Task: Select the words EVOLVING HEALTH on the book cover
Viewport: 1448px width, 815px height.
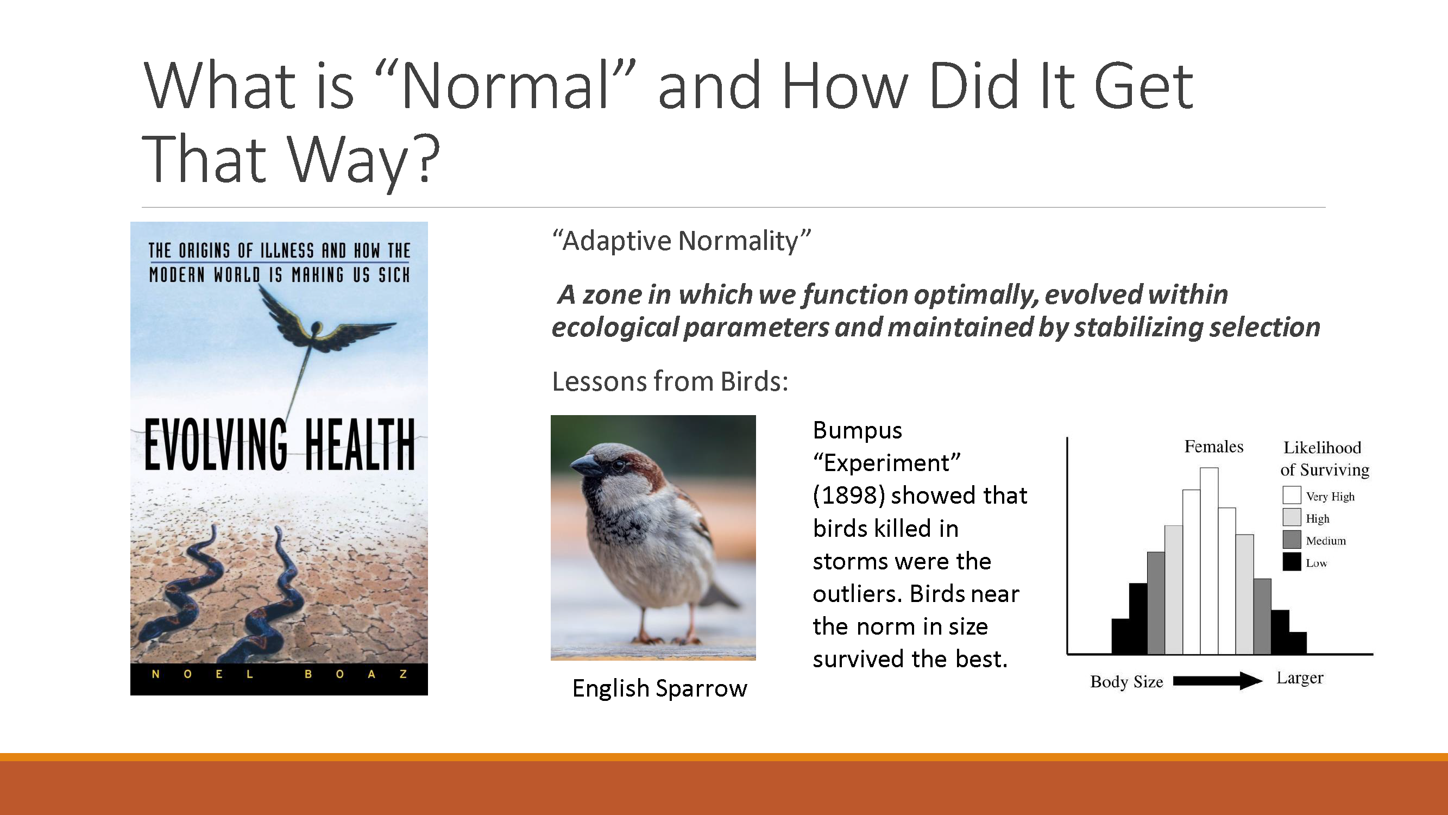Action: coord(279,444)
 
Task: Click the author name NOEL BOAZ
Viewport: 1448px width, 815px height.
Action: coord(279,674)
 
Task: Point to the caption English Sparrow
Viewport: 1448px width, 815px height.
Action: coord(659,688)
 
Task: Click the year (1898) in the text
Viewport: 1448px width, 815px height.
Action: coord(849,496)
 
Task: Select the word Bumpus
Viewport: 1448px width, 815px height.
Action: coord(857,430)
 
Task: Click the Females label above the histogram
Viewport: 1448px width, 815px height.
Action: coord(1213,447)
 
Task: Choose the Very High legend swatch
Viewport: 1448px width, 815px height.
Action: coord(1292,495)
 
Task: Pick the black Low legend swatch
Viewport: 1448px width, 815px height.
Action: coord(1292,561)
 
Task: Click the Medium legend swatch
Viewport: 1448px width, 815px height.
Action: coord(1292,540)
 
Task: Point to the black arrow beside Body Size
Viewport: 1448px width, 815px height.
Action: coord(1217,681)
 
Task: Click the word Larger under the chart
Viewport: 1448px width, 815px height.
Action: coord(1300,678)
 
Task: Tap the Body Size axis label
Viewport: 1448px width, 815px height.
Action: coord(1126,682)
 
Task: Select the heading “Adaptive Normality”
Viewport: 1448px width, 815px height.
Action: coord(681,241)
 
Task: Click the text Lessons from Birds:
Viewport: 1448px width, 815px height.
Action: coord(670,382)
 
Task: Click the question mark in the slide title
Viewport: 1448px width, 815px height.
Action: coord(427,160)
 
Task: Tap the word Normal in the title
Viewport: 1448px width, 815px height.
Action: coord(505,87)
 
